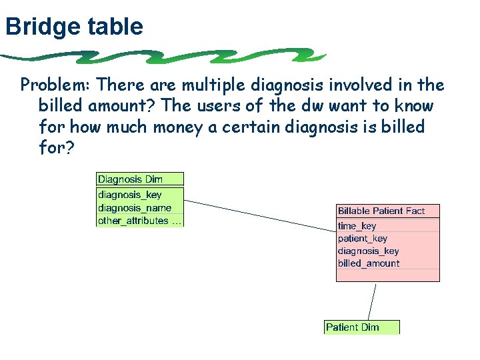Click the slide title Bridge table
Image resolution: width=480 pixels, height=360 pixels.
click(73, 27)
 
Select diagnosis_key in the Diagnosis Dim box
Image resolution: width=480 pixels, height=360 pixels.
click(130, 195)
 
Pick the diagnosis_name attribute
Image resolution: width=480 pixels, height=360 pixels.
click(134, 207)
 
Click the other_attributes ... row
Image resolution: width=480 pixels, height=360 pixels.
click(139, 220)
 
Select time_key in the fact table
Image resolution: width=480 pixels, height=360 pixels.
click(357, 226)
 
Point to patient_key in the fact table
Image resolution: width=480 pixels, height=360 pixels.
click(363, 238)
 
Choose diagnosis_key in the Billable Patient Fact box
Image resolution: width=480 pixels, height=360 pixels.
click(369, 251)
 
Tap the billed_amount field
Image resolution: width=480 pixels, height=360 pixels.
click(369, 263)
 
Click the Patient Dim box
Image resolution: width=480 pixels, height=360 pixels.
click(361, 327)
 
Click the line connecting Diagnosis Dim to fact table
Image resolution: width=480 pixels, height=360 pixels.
click(260, 215)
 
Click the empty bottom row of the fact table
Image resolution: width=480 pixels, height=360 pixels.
click(388, 275)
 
